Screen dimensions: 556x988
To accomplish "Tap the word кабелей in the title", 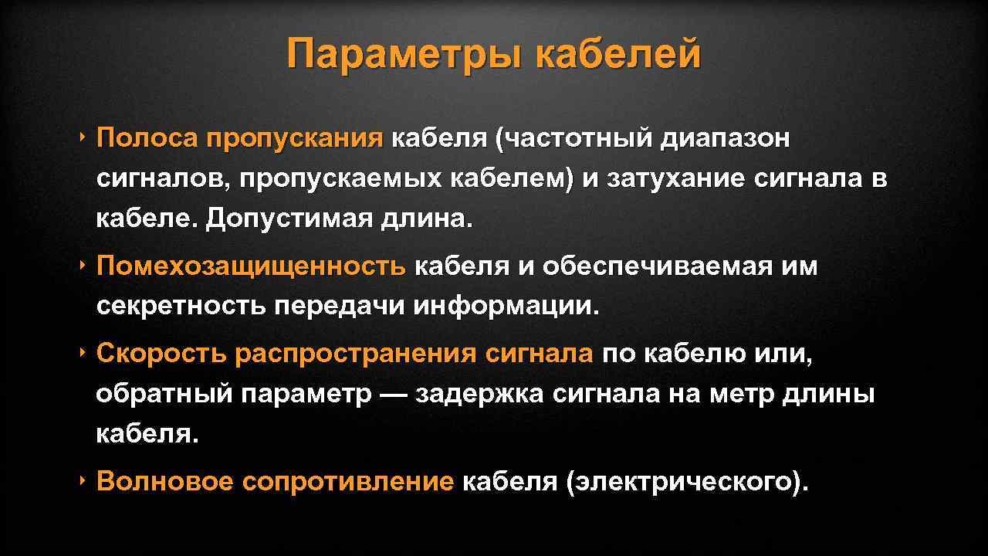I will pos(617,55).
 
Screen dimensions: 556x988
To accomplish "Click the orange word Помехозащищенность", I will pos(251,267).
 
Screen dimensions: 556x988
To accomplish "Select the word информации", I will pos(506,307).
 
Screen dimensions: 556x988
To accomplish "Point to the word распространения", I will pos(356,354).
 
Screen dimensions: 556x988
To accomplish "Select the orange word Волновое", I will pos(164,482).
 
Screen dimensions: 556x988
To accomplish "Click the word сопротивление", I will pos(347,482).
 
